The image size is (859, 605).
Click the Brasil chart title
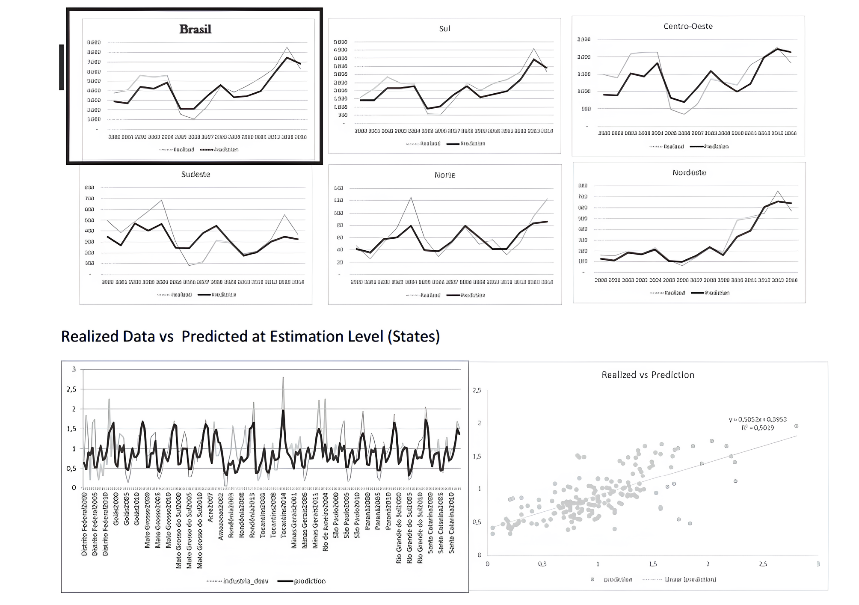click(195, 29)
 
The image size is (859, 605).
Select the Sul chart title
click(444, 29)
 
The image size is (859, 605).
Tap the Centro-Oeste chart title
click(688, 26)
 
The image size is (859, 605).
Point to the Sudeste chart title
click(195, 174)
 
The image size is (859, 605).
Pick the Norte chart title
click(444, 175)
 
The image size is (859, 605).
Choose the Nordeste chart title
click(689, 172)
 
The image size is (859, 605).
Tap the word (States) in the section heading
click(414, 336)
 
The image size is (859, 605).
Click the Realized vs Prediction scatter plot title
click(648, 375)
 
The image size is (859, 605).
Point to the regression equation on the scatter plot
click(758, 420)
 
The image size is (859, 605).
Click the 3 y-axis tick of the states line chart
click(74, 369)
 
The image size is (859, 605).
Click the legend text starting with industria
click(246, 581)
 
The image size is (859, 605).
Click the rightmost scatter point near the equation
click(796, 426)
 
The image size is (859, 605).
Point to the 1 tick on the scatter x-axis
click(598, 564)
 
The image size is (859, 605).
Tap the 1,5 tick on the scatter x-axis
click(653, 564)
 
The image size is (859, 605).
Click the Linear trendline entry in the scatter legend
click(690, 579)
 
